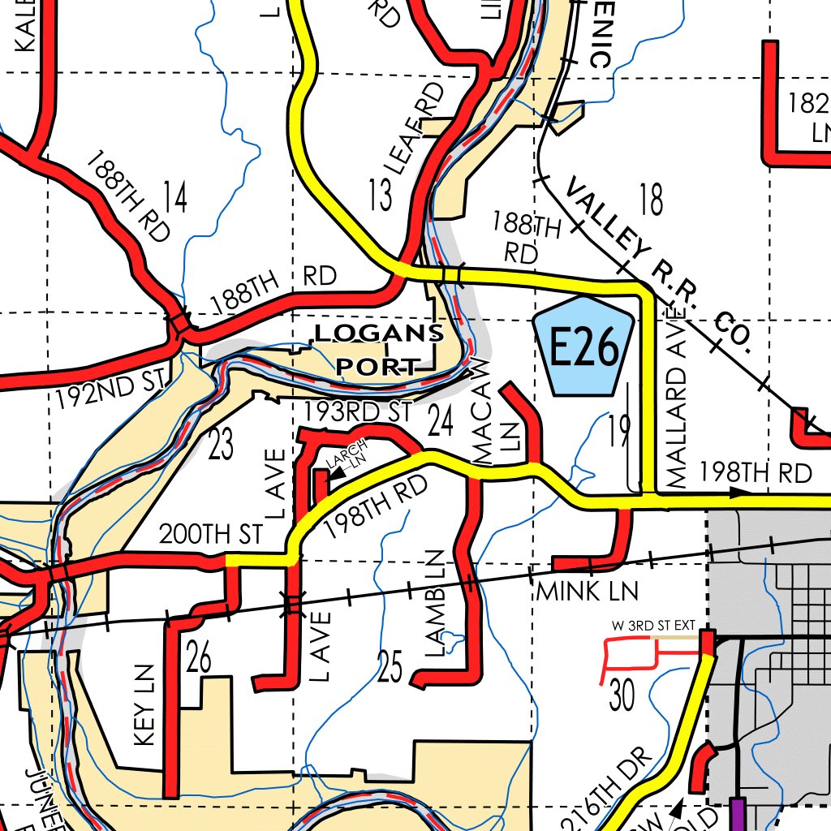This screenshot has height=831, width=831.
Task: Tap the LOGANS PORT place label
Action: (x=379, y=349)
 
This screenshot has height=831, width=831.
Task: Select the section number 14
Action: (x=174, y=196)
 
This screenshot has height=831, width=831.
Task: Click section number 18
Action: (x=651, y=200)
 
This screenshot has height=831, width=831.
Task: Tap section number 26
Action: (x=199, y=657)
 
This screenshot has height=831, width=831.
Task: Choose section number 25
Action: (x=390, y=666)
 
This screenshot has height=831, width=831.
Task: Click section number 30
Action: (x=622, y=695)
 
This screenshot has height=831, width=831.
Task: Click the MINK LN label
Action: (x=587, y=591)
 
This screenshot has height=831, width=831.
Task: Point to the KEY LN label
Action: (x=144, y=706)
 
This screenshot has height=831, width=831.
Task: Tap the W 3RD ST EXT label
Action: (x=653, y=626)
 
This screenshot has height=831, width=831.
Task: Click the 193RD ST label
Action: (x=358, y=411)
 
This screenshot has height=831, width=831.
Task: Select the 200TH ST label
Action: (x=211, y=534)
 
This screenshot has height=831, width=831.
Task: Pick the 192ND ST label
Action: (x=111, y=389)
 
